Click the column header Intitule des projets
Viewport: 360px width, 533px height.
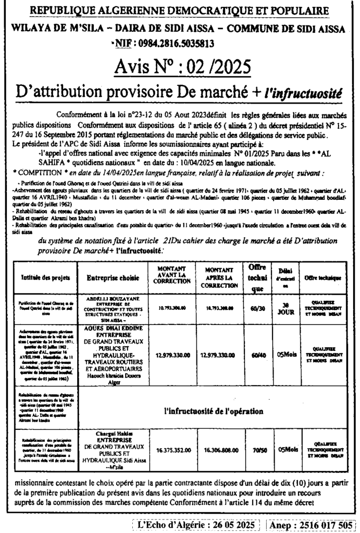(42, 278)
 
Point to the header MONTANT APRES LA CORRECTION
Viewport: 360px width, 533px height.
(219, 278)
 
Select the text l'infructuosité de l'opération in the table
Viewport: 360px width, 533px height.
(214, 411)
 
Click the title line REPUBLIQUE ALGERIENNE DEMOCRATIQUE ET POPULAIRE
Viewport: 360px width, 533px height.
(180, 11)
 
